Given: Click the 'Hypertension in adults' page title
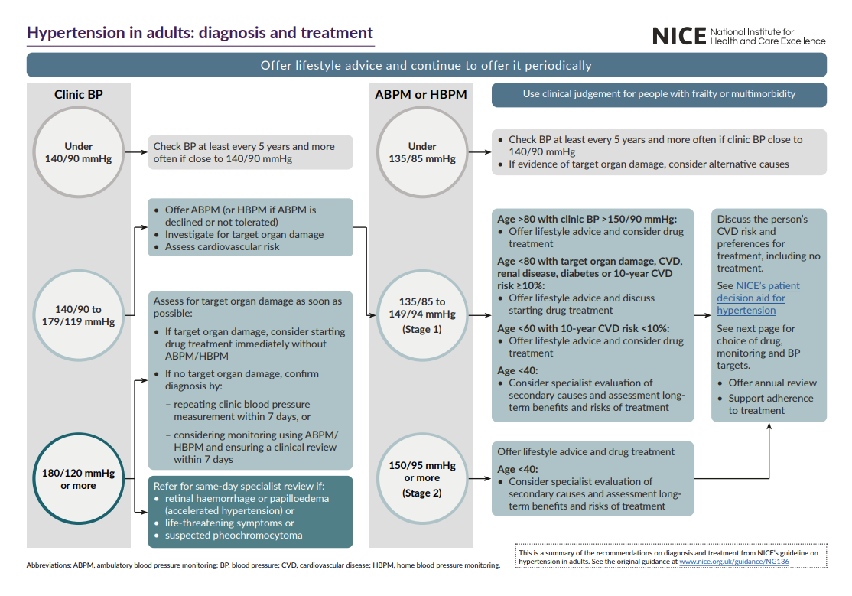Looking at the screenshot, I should tap(200, 33).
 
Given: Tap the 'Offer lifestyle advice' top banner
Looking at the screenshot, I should tap(426, 65).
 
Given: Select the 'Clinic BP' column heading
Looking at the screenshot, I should tap(79, 95).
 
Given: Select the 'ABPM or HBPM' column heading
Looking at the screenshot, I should tap(421, 95).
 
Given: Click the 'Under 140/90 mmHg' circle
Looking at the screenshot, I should tap(79, 152).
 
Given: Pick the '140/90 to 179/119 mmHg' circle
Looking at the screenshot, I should tap(79, 315).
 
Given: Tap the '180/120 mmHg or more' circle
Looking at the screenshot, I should tap(79, 479).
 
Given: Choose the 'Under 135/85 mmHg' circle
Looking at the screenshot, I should tap(422, 152).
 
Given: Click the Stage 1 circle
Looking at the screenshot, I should tap(422, 315).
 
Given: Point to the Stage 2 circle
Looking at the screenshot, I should tap(422, 479).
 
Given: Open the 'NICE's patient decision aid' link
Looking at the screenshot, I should tap(758, 298).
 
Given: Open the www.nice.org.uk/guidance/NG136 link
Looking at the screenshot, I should tap(733, 562).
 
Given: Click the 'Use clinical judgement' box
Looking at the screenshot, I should tap(659, 94).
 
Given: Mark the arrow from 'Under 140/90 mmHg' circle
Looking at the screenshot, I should tap(136, 152).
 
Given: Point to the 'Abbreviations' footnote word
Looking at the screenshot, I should tap(49, 566).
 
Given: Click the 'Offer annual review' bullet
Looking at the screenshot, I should tap(772, 383).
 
